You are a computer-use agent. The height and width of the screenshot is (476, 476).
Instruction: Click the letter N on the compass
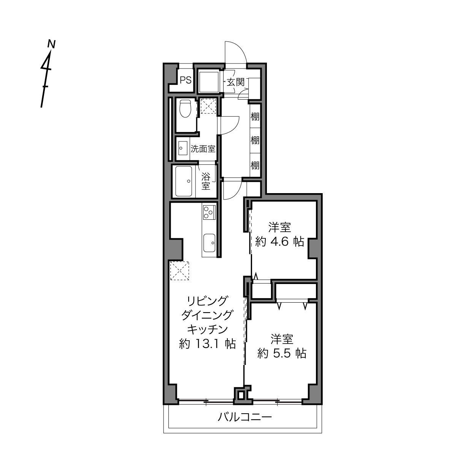[x=51, y=44]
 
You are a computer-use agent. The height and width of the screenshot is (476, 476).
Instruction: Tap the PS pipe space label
[x=186, y=80]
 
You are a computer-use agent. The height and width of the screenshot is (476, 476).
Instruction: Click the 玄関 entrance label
[x=235, y=82]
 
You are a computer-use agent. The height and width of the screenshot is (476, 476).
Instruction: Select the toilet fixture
[x=186, y=108]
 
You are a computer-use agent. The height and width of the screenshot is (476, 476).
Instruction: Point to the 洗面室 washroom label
[x=203, y=149]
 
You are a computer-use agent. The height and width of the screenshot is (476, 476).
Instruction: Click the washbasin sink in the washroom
[x=183, y=148]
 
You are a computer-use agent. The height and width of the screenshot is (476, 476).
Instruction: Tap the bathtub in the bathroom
[x=184, y=181]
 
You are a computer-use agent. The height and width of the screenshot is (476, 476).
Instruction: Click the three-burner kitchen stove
[x=209, y=212]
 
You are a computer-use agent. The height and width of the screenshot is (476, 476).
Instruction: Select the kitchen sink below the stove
[x=209, y=243]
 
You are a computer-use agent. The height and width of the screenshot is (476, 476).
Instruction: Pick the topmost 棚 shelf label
[x=255, y=116]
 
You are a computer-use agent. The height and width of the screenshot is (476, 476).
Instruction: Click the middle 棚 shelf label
[x=255, y=140]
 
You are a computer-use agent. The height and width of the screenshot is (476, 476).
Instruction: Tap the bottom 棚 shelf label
[x=255, y=165]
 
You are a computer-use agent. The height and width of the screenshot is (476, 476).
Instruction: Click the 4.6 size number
[x=279, y=241]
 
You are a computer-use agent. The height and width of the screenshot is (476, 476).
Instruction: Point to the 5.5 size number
[x=282, y=354]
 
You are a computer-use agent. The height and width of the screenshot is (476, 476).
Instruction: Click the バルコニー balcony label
[x=244, y=417]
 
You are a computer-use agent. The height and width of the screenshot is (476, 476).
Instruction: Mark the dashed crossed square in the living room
[x=179, y=271]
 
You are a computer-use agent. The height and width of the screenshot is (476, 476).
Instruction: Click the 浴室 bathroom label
[x=206, y=181]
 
